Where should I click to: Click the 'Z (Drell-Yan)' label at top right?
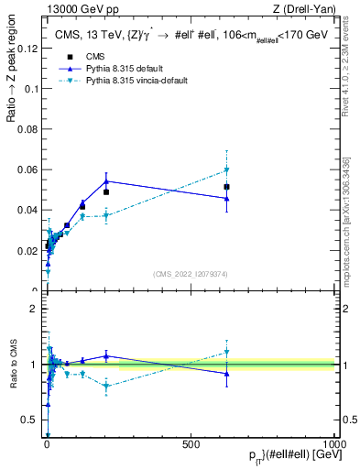pos(304,10)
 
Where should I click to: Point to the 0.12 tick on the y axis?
pos(26,49)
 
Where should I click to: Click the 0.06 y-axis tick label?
pos(26,169)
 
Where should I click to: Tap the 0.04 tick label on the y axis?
pos(26,210)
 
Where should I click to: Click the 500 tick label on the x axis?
pos(191,445)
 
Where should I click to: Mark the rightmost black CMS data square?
pos(226,187)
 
